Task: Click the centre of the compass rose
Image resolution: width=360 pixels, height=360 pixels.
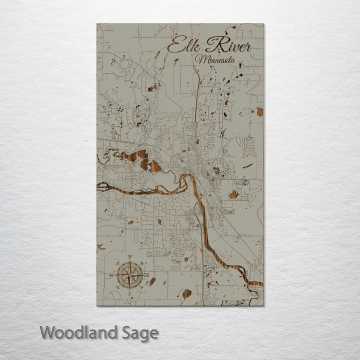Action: (x=130, y=274)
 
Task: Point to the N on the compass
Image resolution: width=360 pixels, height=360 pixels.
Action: (x=130, y=257)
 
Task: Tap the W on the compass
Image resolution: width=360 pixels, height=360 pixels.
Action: (x=111, y=274)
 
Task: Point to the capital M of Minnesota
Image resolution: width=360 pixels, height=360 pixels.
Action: (x=201, y=59)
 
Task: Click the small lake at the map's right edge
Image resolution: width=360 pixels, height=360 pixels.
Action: (x=259, y=111)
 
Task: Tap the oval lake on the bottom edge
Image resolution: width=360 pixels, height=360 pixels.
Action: (x=186, y=294)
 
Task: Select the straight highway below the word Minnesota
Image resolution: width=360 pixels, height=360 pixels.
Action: (x=198, y=90)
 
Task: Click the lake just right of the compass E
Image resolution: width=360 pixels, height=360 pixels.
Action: (x=152, y=281)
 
